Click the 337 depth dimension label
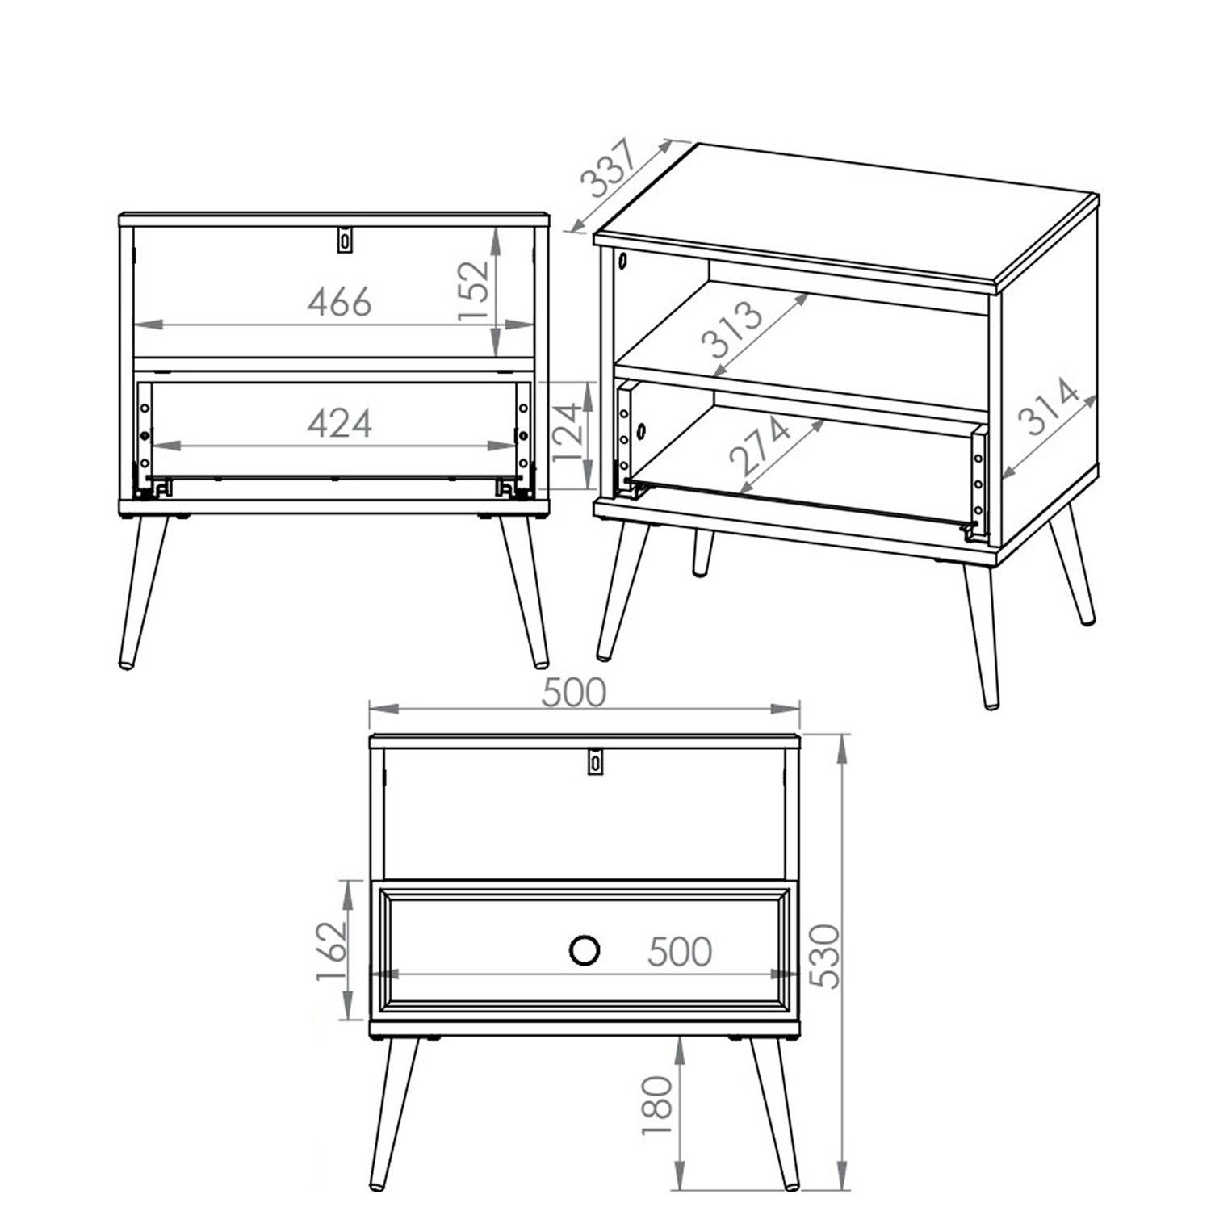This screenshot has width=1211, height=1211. pos(610,170)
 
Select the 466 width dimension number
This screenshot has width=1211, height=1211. pos(340,301)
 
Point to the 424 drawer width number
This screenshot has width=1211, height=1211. pos(340,422)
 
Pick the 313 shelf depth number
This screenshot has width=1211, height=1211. pos(731,329)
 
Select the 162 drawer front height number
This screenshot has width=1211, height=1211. pos(330,949)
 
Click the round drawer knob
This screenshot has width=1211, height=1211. pos(585,950)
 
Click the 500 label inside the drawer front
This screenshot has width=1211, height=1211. pos(680,952)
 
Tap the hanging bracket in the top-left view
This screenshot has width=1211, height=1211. pos(346,239)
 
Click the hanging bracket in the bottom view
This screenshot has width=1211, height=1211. pos(595,761)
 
